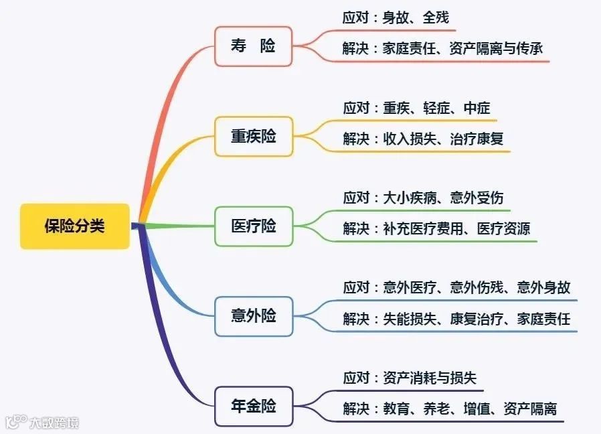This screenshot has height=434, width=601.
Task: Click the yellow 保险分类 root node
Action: tap(74, 226)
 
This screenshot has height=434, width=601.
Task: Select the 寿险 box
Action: tap(253, 46)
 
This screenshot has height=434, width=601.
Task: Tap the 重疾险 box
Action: tap(253, 137)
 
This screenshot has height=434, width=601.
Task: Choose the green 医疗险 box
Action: tap(253, 226)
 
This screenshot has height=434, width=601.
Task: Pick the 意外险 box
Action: tap(253, 315)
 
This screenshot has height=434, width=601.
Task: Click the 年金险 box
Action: tap(253, 406)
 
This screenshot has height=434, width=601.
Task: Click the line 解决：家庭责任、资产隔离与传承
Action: tap(442, 49)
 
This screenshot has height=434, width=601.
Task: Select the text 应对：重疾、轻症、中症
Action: tap(416, 108)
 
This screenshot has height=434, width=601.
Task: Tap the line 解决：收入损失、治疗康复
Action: tap(423, 139)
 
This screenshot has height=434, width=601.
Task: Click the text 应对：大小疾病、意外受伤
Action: tap(423, 198)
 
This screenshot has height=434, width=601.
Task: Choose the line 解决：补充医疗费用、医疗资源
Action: tap(436, 228)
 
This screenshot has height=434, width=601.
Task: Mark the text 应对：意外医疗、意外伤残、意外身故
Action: tap(456, 287)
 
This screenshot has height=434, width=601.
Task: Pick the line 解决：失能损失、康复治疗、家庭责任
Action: tap(456, 319)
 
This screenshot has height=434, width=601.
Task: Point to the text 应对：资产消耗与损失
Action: tap(410, 378)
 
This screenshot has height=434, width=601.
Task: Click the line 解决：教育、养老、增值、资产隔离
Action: tap(450, 409)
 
